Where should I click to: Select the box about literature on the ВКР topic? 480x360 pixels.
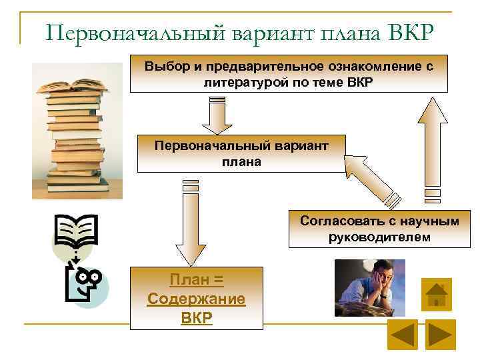pyautogui.click(x=288, y=73)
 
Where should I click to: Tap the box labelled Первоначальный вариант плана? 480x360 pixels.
pyautogui.click(x=241, y=153)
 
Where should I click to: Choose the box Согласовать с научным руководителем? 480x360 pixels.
pyautogui.click(x=379, y=229)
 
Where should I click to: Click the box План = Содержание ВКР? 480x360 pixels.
pyautogui.click(x=196, y=299)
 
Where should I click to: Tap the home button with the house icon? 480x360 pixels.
pyautogui.click(x=437, y=294)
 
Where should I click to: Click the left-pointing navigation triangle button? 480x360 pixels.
pyautogui.click(x=402, y=335)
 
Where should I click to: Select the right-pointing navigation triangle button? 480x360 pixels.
pyautogui.click(x=440, y=335)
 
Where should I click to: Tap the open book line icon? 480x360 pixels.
pyautogui.click(x=77, y=231)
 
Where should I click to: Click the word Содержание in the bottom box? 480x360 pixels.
pyautogui.click(x=196, y=299)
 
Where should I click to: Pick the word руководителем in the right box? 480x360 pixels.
pyautogui.click(x=379, y=237)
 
